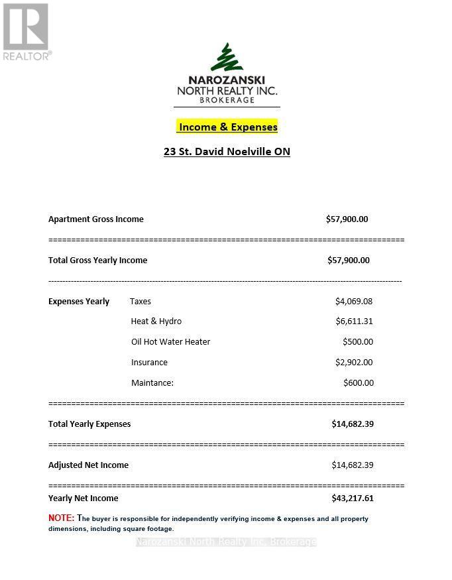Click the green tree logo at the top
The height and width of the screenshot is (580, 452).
[x=227, y=58]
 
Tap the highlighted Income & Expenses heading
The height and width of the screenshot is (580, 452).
[x=227, y=127]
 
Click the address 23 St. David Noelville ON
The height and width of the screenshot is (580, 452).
[x=227, y=151]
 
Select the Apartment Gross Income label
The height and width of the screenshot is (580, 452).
[x=96, y=219]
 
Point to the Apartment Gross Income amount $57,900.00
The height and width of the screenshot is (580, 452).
[x=347, y=219]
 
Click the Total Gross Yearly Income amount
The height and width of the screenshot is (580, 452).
[x=349, y=260]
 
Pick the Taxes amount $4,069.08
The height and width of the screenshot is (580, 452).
[x=354, y=301]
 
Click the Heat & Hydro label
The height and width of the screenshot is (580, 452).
[x=156, y=321]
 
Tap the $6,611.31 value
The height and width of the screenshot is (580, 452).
[x=354, y=321]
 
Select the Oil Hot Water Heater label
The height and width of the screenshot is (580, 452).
[x=170, y=341]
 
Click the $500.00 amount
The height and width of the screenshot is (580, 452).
[x=358, y=342]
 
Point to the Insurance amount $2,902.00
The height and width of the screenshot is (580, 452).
[x=354, y=362]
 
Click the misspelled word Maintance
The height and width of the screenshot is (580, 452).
[x=152, y=382]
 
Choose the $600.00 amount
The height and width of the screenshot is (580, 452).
[x=359, y=382]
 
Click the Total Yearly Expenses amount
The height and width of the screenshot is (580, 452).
[x=353, y=424]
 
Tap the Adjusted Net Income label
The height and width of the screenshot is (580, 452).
[x=88, y=465]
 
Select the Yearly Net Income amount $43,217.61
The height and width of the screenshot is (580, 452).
[x=353, y=498]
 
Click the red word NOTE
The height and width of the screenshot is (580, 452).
[x=61, y=518]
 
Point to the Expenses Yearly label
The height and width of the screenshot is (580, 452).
[x=79, y=301]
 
